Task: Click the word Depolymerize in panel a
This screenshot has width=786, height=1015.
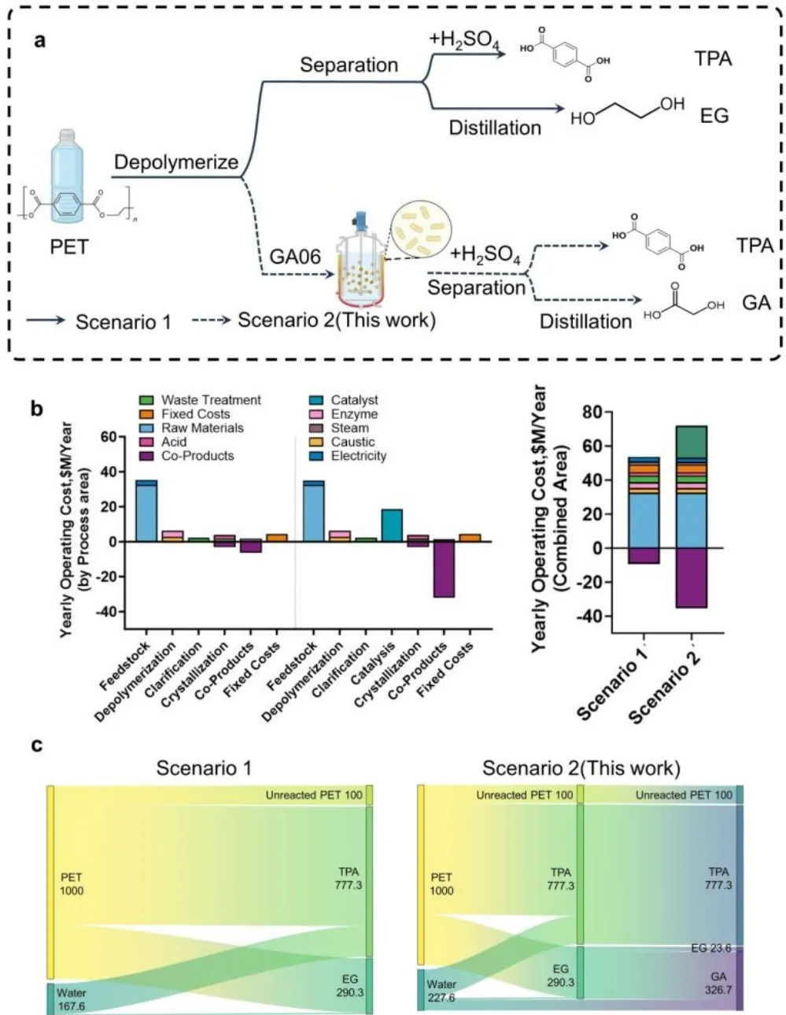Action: click(176, 162)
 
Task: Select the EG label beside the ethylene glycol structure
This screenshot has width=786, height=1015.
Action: click(714, 116)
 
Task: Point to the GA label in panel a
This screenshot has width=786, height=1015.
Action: click(755, 302)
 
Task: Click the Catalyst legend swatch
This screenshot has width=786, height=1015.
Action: click(317, 400)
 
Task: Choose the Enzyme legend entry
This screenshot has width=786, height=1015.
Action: click(354, 414)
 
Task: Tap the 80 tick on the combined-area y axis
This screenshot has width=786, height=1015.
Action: click(592, 413)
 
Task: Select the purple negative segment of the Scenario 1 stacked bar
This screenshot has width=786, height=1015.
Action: click(644, 555)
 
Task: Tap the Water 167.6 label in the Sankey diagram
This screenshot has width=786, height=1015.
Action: click(72, 999)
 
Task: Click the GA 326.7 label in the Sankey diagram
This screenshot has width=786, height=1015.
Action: click(718, 983)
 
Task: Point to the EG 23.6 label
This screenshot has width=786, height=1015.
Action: click(711, 948)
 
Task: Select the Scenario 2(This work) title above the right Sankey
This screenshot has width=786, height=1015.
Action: click(581, 768)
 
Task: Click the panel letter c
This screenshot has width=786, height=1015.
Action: click(37, 744)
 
